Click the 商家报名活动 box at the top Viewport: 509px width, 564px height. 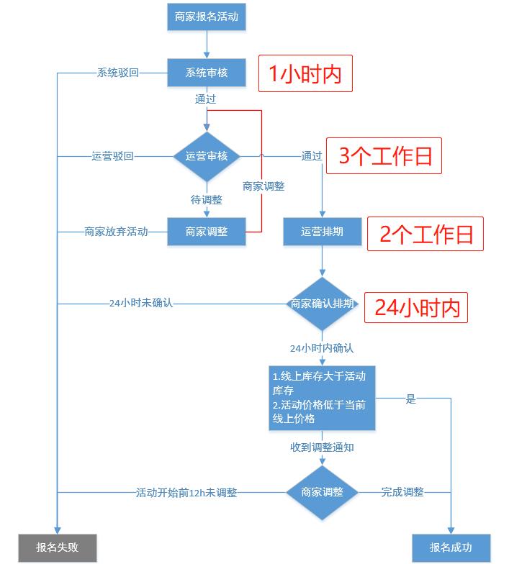point(207,16)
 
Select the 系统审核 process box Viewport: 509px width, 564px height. point(207,72)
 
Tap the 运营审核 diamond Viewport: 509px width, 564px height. point(207,156)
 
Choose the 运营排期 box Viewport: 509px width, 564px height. point(322,232)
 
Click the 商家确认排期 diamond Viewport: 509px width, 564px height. point(322,304)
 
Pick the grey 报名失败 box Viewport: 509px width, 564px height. point(57,547)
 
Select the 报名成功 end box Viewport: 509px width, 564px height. point(451,547)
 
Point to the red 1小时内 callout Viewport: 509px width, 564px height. point(305,73)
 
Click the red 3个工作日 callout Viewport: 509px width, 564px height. point(384,156)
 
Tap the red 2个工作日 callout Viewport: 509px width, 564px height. point(425,234)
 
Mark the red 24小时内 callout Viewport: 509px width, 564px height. point(416,308)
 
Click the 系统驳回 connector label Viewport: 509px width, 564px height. point(117,72)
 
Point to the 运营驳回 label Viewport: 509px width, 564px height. point(112,156)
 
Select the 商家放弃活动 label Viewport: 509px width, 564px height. point(116,232)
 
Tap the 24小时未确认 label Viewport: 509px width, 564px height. point(141,304)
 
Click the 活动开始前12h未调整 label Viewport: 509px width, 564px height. point(186,493)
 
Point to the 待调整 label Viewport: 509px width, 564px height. point(207,200)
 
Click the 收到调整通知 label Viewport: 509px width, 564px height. point(322,447)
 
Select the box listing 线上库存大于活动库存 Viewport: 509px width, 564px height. point(322,398)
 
